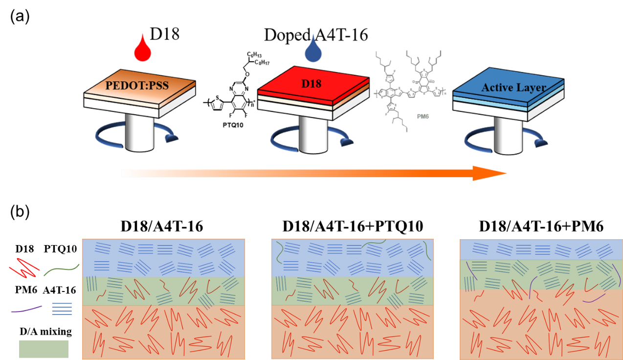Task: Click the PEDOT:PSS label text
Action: coord(137,86)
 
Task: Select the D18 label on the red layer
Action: coord(311,84)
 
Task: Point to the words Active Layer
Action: coord(513,88)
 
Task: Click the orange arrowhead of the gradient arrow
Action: coord(489,173)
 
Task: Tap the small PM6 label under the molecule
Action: coord(423,117)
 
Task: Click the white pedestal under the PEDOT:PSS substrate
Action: coord(139,132)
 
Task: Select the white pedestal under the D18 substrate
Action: coord(313,135)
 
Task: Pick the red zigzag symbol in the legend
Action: coord(24,268)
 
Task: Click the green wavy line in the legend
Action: coord(62,269)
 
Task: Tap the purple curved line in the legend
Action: coord(26,309)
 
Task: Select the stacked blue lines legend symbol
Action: coord(62,309)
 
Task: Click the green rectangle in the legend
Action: coord(44,349)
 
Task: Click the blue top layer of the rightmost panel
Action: coord(540,249)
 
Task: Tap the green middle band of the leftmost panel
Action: coord(163,292)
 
